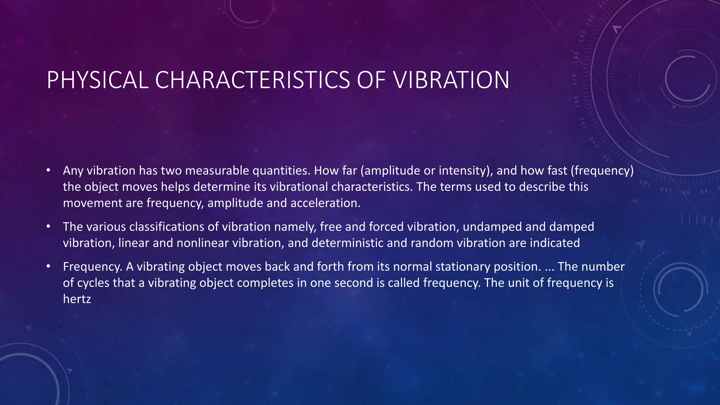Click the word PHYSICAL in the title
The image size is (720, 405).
click(x=97, y=80)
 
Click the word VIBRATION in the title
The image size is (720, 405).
click(x=451, y=80)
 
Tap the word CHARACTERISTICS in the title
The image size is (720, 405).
click(x=252, y=80)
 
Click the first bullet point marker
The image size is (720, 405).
click(x=49, y=171)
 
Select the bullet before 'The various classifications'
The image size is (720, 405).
click(x=49, y=226)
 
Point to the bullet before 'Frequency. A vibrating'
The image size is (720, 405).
click(x=49, y=266)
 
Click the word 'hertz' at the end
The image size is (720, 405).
click(x=77, y=299)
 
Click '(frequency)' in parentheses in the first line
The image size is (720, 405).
click(x=602, y=171)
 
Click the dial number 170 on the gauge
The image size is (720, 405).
click(x=574, y=80)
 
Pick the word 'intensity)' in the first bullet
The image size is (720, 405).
click(x=466, y=171)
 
